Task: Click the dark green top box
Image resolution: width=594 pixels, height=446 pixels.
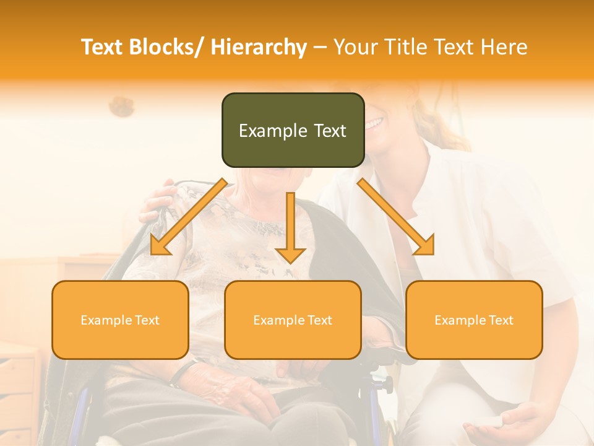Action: [293, 130]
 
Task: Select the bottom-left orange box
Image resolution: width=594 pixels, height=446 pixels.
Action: [120, 320]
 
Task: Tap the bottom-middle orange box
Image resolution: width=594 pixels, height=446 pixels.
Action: [293, 320]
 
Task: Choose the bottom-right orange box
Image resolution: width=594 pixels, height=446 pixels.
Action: [474, 320]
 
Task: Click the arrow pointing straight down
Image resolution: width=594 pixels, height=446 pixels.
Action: [290, 229]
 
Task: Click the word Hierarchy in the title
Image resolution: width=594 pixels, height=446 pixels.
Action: [259, 47]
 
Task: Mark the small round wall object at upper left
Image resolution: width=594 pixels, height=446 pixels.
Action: [122, 107]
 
